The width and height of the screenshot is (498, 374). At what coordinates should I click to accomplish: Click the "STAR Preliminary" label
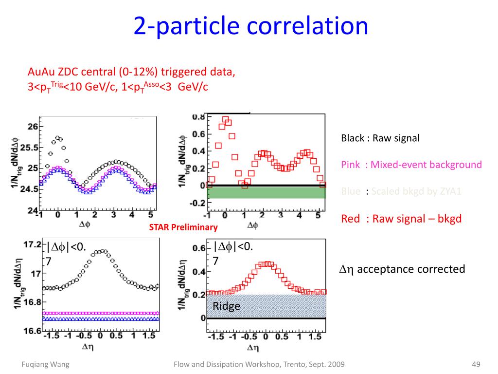coord(183,227)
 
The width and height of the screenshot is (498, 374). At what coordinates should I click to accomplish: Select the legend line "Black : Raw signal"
coord(380,138)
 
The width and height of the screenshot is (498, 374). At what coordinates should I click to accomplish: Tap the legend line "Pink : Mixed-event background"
coord(411,165)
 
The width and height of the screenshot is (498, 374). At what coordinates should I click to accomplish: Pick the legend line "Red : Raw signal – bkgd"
coord(401,219)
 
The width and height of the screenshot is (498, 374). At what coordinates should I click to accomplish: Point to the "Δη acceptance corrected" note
coord(402,269)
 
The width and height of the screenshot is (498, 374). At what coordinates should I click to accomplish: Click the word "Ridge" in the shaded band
coord(226,306)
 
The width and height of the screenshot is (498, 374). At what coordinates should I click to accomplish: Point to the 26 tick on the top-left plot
coord(33,127)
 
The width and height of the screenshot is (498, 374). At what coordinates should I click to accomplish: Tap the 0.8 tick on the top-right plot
coord(198,117)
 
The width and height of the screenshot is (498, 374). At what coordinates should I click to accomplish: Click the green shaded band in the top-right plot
coord(266,192)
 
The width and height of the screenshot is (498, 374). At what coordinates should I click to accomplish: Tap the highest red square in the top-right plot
coord(226,119)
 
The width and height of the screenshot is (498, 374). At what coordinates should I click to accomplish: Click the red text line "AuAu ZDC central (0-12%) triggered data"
coord(131,73)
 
